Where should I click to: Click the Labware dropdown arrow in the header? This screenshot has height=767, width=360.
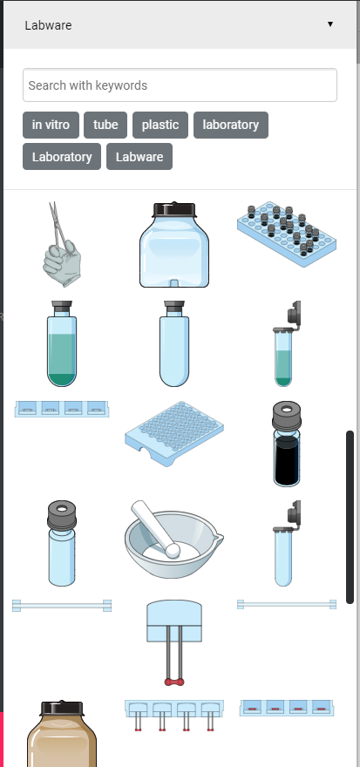[x=330, y=24]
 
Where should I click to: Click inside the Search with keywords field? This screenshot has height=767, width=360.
[x=180, y=85]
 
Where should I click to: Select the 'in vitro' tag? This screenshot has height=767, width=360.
[x=51, y=125]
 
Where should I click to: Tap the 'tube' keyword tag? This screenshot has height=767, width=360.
[x=105, y=125]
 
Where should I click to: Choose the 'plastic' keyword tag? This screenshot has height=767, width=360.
[x=160, y=125]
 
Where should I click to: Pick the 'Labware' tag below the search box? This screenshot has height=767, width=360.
[x=139, y=157]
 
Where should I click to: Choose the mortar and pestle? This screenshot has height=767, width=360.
[x=173, y=540]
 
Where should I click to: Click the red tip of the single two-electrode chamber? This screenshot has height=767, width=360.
[x=173, y=681]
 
